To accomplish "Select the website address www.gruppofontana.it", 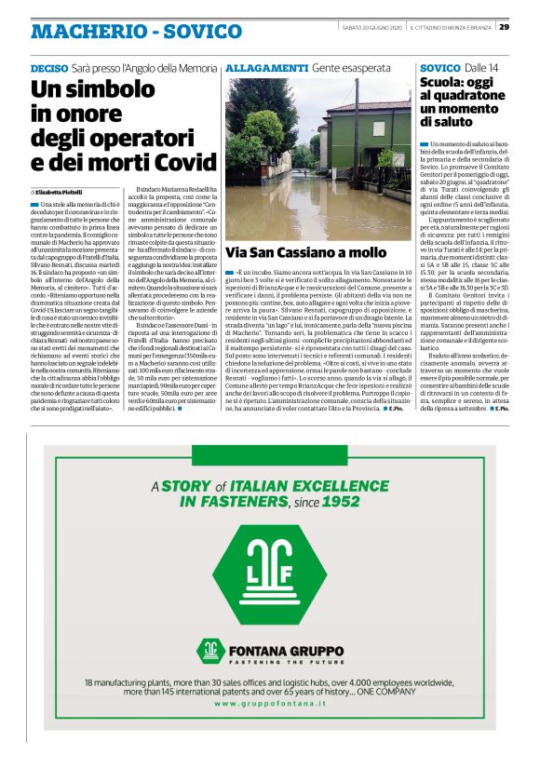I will point(270,704).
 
